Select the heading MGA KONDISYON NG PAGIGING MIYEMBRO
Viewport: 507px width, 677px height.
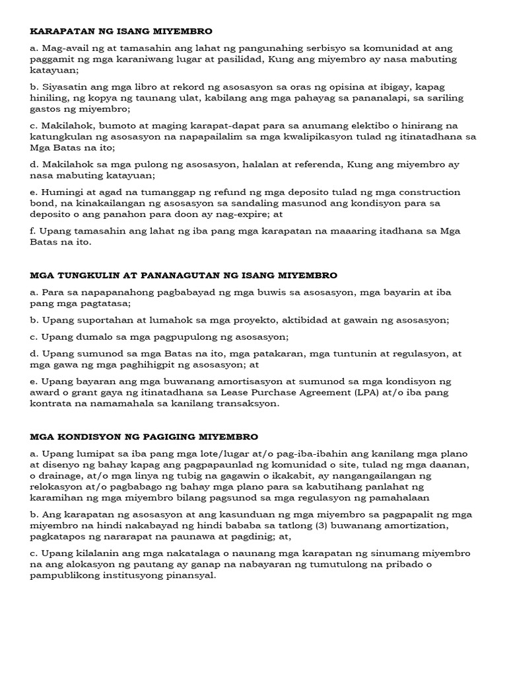coord(144,437)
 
